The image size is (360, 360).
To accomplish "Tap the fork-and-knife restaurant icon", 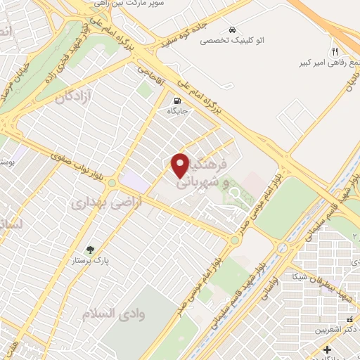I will [x=335, y=51].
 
